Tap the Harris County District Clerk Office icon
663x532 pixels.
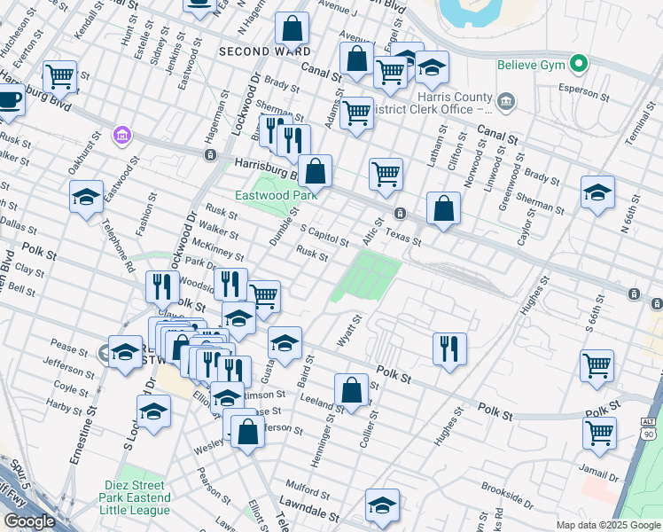coord(506,102)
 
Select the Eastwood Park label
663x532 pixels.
coord(266,195)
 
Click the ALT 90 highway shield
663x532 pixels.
coord(648,429)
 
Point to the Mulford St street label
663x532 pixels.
coord(309,487)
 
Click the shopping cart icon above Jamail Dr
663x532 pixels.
coord(600,432)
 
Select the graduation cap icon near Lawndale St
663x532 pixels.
coord(382,504)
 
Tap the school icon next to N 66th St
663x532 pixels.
coord(597,192)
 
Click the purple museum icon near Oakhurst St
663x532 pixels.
coord(121,137)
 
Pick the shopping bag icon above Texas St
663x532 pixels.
coord(444,209)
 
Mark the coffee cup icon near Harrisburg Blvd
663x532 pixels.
coord(9,98)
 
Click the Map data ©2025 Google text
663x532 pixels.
coord(608,525)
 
